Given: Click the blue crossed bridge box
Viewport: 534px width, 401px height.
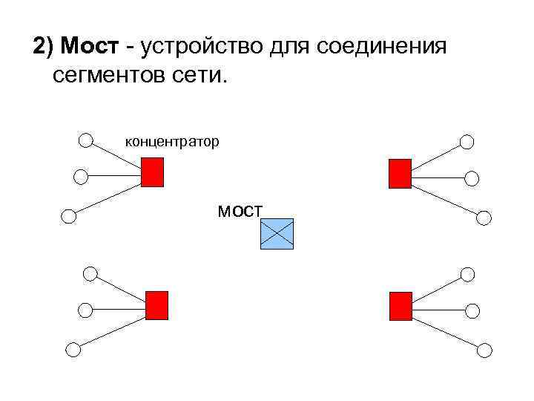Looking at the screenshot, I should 277,234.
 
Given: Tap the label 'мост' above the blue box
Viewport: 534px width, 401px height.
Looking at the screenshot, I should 240,211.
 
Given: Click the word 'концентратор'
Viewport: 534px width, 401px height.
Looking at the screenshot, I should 171,140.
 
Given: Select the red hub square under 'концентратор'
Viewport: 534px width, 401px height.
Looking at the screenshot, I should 152,172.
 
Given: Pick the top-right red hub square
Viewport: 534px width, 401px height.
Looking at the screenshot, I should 399,173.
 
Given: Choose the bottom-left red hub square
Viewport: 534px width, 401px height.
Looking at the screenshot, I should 156,305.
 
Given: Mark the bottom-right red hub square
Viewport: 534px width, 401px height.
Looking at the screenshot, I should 400,305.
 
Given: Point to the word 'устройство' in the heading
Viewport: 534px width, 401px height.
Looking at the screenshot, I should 196,48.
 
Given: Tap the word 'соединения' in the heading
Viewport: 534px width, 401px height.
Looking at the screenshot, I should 383,48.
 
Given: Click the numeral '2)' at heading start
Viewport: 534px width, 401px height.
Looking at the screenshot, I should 44,48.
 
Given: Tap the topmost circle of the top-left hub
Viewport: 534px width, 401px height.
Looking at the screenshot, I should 86,140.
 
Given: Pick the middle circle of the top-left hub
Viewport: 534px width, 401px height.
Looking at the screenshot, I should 81,176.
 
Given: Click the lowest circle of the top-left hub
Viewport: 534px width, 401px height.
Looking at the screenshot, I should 68,216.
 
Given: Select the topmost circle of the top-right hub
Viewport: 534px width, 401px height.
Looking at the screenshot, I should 466,142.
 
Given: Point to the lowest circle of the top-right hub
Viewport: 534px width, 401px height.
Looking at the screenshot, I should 484,218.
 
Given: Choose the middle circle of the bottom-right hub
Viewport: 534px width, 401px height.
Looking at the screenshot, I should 473,310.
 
